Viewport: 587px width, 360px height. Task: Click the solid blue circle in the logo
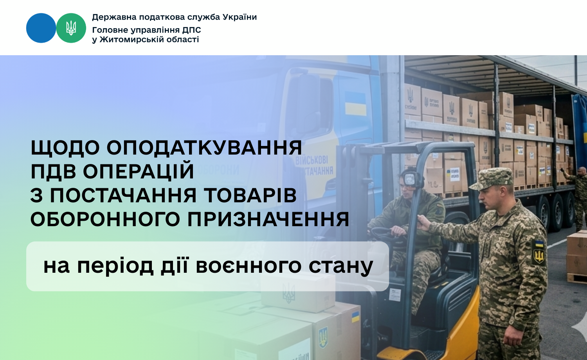41,28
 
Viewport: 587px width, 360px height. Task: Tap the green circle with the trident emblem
71,28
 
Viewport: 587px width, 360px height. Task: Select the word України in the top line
239,17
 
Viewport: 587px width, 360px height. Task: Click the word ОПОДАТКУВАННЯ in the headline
204,148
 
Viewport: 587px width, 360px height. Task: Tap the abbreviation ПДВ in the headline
54,171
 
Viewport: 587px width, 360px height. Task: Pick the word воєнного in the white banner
248,266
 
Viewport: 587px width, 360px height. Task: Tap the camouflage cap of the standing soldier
492,178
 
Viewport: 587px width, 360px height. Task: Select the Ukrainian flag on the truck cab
355,104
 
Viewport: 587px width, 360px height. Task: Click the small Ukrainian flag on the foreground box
355,316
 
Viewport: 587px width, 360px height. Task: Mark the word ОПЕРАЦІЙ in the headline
139,171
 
